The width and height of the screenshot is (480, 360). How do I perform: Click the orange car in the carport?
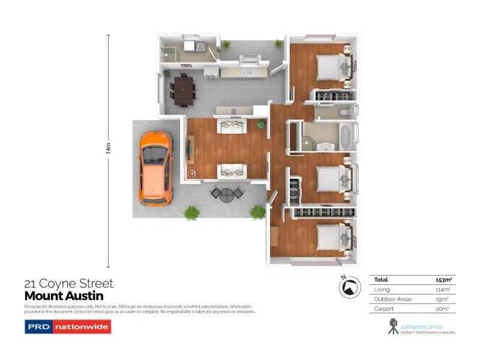coord(156,167)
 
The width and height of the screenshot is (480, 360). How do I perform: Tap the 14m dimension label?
coord(109,148)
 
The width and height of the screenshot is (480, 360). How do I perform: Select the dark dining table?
coord(183,89)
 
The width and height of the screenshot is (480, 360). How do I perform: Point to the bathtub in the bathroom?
coord(347,137)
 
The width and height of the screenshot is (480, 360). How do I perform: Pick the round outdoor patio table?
coord(227,194)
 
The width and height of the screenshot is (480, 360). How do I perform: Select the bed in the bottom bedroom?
coord(330,237)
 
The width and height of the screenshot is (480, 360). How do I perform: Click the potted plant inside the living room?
coord(261,124)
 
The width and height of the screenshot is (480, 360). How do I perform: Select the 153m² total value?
coord(443,280)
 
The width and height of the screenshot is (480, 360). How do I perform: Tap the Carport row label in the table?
coord(384,308)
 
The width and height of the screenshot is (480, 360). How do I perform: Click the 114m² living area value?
coord(443,289)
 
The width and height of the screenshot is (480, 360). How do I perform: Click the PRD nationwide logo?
coord(67,327)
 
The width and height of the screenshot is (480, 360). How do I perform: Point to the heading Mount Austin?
coord(64,296)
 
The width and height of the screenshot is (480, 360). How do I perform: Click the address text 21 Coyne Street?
coord(68,283)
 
